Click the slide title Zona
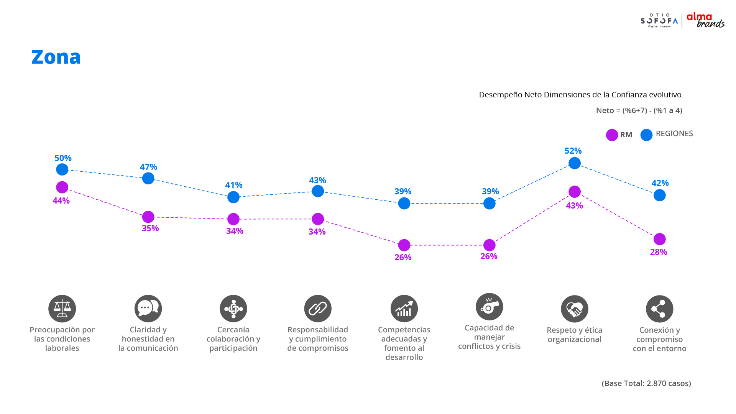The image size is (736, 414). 56,57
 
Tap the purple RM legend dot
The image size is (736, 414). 612,135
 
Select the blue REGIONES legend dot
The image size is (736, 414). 646,135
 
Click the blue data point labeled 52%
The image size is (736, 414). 574,163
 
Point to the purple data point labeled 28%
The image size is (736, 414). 659,239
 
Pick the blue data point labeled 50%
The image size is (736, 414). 62,169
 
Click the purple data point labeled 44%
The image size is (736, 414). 62,187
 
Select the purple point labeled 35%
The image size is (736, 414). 148,217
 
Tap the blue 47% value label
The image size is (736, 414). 148,167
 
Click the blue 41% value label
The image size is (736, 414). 234,185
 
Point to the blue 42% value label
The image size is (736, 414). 660,183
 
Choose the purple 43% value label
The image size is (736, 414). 574,205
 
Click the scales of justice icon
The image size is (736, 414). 62,309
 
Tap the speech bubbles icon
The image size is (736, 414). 148,309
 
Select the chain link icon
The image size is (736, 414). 318,309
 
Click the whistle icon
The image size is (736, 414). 489,307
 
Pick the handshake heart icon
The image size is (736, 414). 574,309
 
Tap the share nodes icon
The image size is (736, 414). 659,309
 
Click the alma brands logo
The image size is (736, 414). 705,20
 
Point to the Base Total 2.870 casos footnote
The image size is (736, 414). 646,383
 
